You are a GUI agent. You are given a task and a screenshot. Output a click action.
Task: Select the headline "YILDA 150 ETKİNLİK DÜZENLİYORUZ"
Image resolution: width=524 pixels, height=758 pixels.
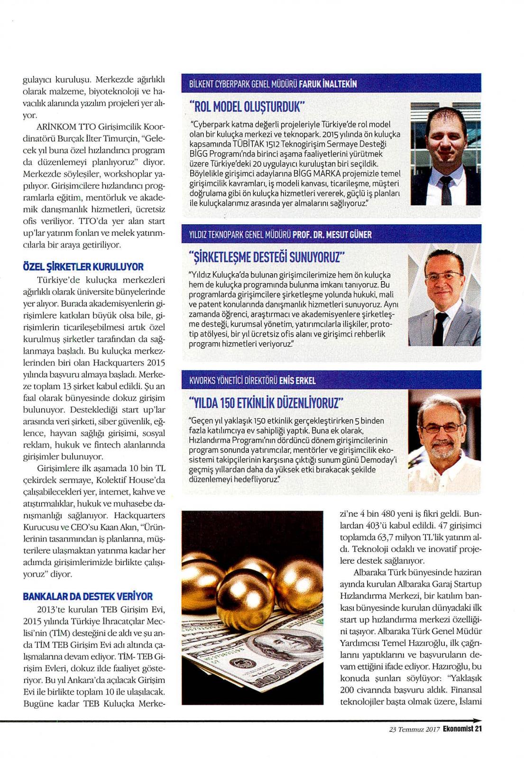pyautogui.click(x=266, y=403)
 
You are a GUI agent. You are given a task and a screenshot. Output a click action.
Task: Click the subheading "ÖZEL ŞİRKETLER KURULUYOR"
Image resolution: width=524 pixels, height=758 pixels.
pyautogui.click(x=83, y=267)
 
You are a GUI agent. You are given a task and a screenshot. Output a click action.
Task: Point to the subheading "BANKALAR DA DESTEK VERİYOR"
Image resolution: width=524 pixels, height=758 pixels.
pyautogui.click(x=88, y=596)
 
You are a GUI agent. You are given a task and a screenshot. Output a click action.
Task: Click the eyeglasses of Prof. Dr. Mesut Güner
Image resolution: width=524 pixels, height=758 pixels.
pyautogui.click(x=443, y=275)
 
